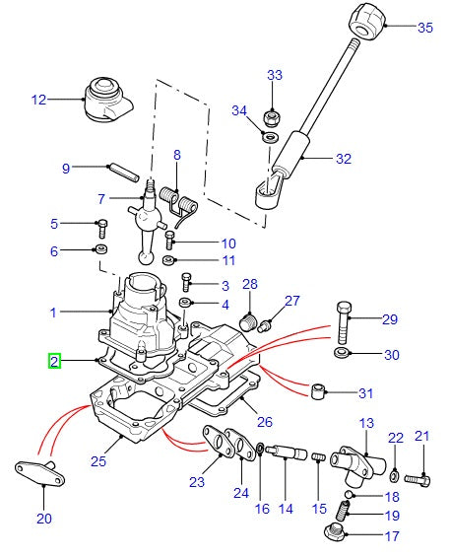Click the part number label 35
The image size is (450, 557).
point(424,28)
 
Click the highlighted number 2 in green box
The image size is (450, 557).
point(55,362)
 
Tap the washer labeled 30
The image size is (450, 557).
point(341,352)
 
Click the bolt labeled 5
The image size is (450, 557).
point(100,225)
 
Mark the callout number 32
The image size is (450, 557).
point(343,158)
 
